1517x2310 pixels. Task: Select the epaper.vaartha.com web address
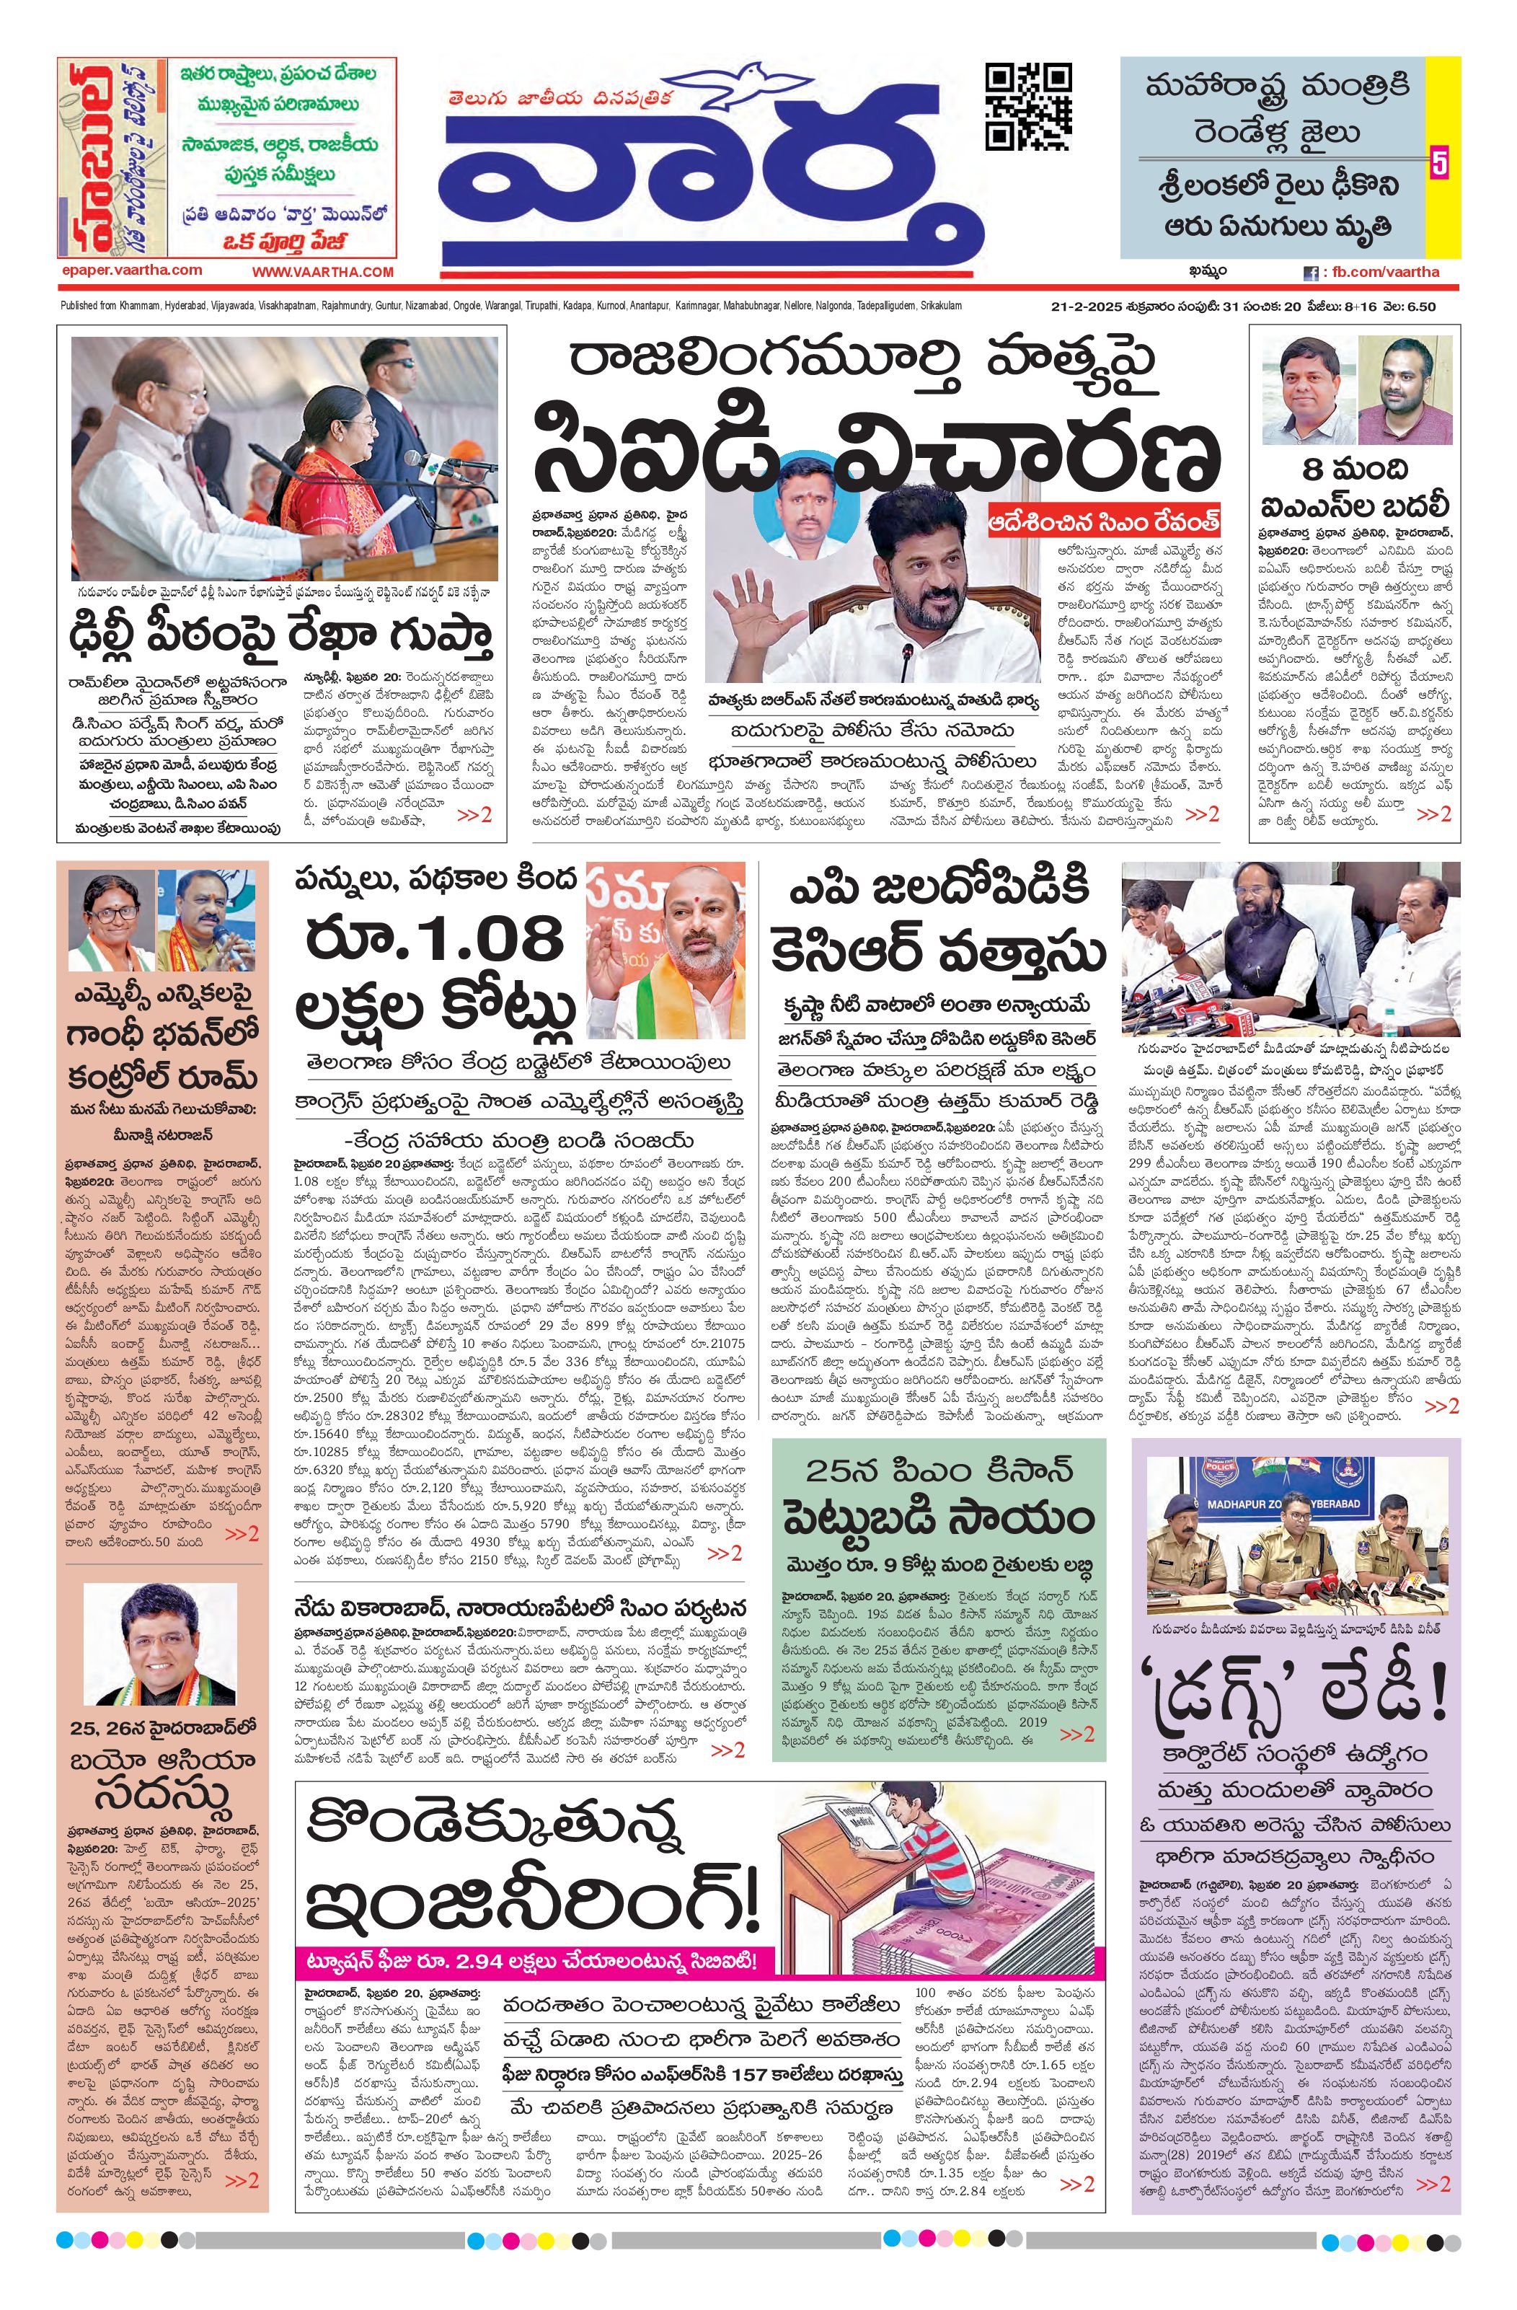pyautogui.click(x=130, y=270)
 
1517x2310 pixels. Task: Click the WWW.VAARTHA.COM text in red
pyautogui.click(x=323, y=273)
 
